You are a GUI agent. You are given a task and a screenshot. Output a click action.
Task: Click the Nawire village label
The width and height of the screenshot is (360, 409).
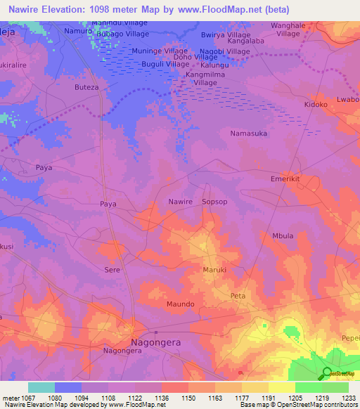pos(180,202)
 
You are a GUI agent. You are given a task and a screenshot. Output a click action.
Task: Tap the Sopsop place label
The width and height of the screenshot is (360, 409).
pos(214,202)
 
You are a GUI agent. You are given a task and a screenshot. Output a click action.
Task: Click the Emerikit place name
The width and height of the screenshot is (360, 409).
pos(285,179)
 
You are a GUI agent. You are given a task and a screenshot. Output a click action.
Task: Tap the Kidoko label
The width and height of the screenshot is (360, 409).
pos(316,104)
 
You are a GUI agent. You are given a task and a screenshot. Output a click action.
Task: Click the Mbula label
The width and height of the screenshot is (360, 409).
pos(283,236)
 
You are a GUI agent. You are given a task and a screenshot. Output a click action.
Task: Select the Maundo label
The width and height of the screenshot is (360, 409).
pos(180,304)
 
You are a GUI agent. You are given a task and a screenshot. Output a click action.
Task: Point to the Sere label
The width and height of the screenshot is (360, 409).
pos(112,270)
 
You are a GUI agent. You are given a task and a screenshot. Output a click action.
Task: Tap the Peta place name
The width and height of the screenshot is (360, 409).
pos(238,296)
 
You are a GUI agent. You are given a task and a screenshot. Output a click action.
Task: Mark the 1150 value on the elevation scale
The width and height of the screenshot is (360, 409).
pos(188,398)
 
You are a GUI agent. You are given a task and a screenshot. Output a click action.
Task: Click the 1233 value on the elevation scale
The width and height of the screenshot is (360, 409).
pos(348,398)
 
